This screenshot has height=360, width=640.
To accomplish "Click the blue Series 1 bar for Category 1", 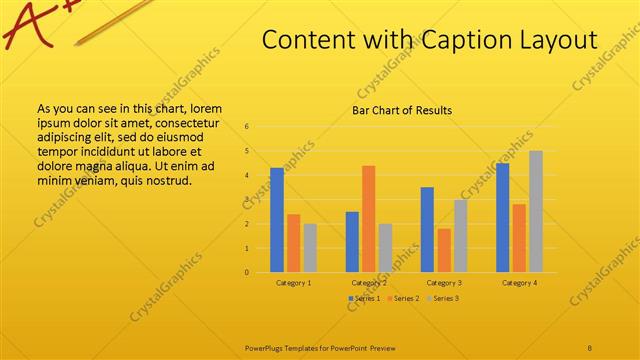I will [277, 220].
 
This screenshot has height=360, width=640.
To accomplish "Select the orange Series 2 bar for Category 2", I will [368, 219].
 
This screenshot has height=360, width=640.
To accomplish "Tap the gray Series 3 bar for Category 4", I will [536, 212].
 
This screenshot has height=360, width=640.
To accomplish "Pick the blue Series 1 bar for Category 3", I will [427, 230].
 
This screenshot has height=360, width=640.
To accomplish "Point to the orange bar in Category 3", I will [444, 250].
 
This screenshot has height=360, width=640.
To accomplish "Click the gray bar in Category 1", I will [310, 248].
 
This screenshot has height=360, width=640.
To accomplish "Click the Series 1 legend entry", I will [366, 298].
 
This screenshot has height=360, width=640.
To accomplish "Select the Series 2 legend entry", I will [403, 298].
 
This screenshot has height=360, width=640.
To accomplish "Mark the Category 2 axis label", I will [368, 283].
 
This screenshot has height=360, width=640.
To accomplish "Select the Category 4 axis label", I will [519, 283].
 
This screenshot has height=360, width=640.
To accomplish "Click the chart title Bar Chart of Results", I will [402, 110].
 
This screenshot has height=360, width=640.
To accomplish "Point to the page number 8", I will [590, 347].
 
